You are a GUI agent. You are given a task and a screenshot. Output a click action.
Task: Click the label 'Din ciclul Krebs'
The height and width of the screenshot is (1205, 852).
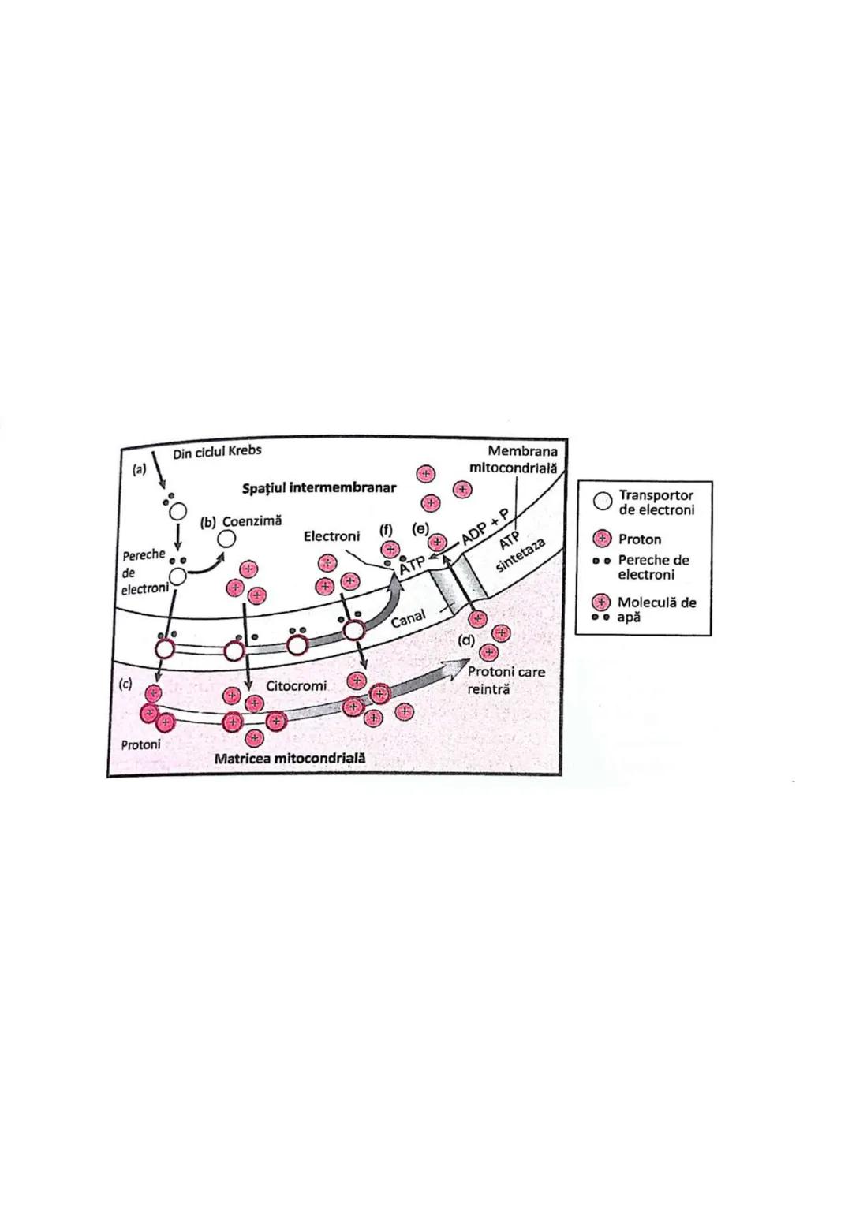[x=217, y=452]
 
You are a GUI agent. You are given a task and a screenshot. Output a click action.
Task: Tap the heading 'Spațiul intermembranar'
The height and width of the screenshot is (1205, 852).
[x=319, y=487]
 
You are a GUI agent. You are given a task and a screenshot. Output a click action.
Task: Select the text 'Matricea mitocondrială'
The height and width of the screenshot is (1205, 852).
[x=290, y=758]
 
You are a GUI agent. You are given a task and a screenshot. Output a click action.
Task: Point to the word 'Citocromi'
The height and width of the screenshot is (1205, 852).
[x=296, y=686]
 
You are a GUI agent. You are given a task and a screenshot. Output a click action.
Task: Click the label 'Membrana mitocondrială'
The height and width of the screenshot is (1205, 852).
[x=514, y=459]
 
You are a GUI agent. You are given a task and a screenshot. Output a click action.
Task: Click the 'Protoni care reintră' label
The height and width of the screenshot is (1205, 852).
[x=506, y=680]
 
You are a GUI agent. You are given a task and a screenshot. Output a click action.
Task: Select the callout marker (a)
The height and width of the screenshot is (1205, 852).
[x=139, y=468]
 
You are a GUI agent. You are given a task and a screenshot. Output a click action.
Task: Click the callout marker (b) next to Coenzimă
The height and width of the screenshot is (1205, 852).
[x=208, y=522]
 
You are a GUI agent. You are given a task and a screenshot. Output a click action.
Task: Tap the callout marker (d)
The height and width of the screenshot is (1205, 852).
[x=467, y=640]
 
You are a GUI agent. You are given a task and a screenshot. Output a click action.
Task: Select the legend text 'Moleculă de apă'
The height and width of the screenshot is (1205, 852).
[x=656, y=609]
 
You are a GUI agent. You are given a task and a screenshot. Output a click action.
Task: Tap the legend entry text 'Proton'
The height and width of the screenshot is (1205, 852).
[x=640, y=539]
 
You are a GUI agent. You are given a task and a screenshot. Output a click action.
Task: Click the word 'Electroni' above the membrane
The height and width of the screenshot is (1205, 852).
[x=331, y=536]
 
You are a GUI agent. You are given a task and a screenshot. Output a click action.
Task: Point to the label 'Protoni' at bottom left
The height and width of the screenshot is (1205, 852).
[x=141, y=744]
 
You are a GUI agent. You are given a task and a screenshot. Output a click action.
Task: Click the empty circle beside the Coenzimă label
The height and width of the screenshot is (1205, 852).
[x=226, y=539]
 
